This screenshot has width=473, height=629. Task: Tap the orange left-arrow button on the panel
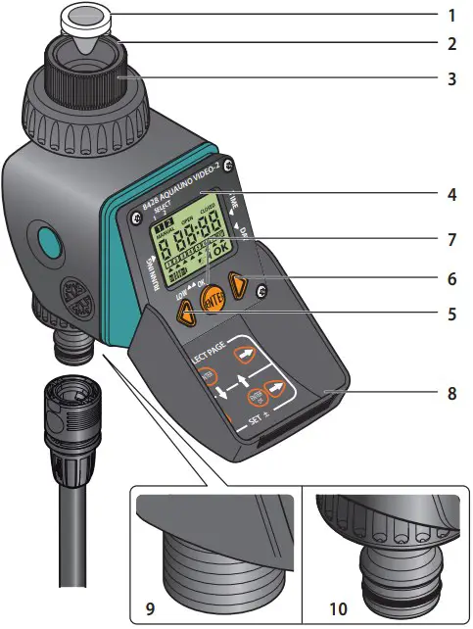[182, 313]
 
